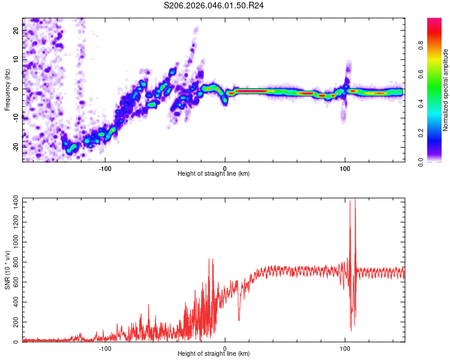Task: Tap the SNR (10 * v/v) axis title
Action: (x=7, y=270)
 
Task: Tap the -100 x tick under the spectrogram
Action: (x=105, y=167)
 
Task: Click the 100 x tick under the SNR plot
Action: (x=345, y=347)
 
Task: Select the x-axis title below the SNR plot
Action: (x=214, y=354)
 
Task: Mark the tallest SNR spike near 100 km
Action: (x=355, y=200)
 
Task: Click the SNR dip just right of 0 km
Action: (x=239, y=319)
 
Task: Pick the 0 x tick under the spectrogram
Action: (x=225, y=167)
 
